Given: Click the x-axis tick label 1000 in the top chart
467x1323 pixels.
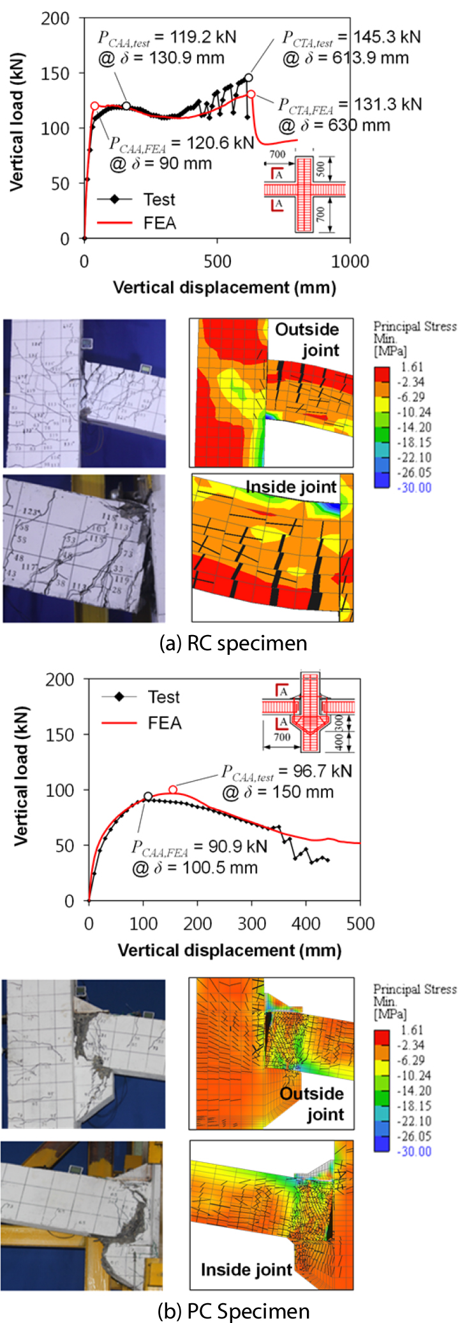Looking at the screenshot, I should click(350, 261).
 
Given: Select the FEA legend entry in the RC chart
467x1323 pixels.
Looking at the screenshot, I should click(160, 223).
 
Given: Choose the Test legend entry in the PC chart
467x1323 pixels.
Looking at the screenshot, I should click(163, 697).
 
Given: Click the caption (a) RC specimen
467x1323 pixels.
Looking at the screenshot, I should click(233, 643).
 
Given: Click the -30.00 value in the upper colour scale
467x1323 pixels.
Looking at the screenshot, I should click(415, 488).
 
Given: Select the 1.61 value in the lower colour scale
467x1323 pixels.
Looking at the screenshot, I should click(411, 1030).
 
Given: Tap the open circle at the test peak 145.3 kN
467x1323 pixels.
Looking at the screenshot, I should click(248, 78).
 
